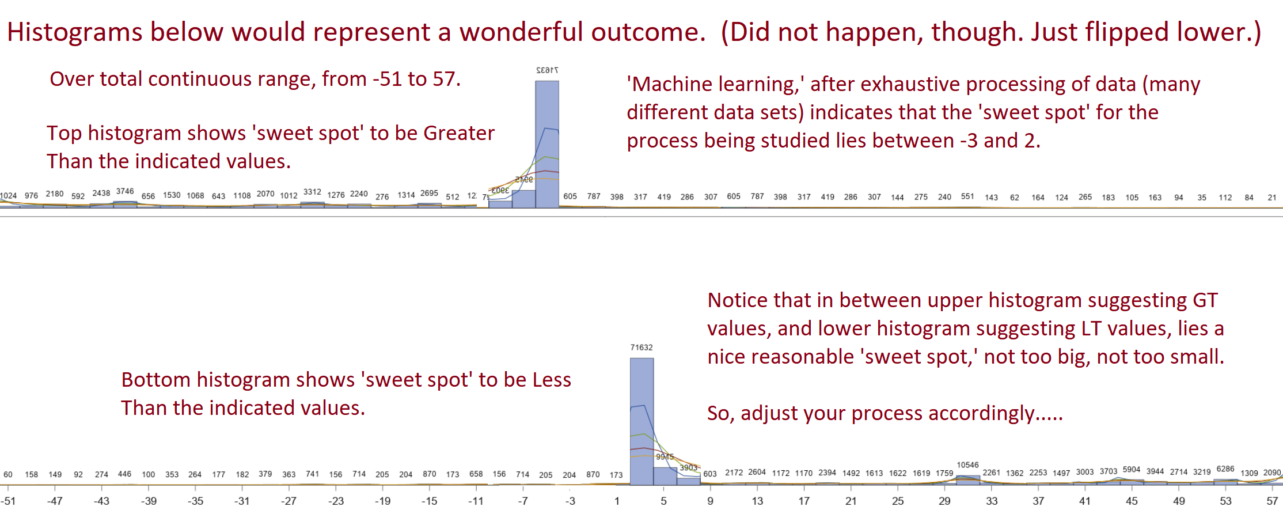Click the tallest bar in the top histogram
point(547,144)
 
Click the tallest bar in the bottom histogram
point(641,421)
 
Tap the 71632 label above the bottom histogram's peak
point(641,347)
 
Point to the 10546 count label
point(967,465)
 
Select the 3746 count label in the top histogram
point(125,191)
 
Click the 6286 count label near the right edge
point(1225,469)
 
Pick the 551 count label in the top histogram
point(967,197)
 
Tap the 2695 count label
point(429,193)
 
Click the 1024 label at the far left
point(8,196)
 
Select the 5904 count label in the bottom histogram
point(1132,470)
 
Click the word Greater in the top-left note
point(459,133)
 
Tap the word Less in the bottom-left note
point(552,380)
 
